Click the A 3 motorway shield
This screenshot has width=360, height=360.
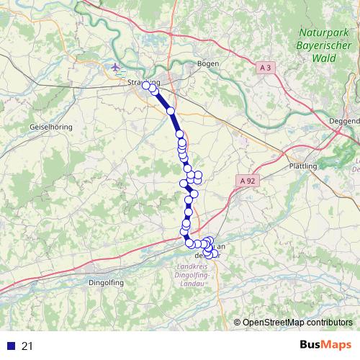click(265, 67)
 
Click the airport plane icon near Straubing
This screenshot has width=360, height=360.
click(116, 68)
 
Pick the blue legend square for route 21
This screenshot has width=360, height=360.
click(9, 346)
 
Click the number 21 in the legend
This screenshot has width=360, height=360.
click(27, 346)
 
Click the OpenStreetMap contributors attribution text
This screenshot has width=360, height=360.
click(297, 322)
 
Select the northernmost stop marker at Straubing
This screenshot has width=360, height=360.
click(146, 85)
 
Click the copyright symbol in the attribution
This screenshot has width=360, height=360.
click(238, 322)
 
